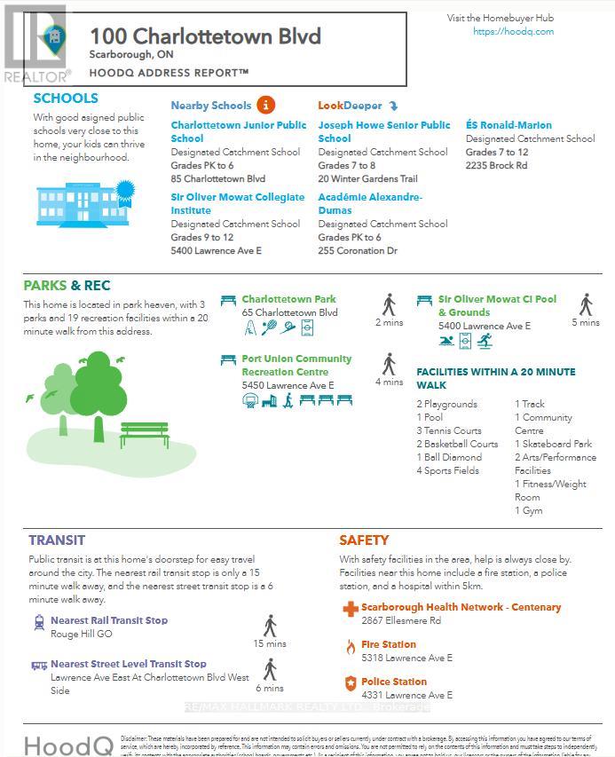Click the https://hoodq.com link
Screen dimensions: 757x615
pos(513,32)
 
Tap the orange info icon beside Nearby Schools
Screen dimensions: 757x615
pos(266,105)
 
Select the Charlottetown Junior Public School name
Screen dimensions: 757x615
pos(238,131)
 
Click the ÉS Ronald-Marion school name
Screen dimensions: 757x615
pos(509,125)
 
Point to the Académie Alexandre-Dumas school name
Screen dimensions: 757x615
pos(369,203)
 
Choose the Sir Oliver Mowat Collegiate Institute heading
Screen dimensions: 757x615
pos(237,203)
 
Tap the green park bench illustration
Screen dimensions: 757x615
pos(144,434)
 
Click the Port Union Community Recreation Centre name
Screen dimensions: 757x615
pos(296,366)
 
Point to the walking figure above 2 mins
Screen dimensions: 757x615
pos(389,305)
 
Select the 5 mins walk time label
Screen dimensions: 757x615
pos(586,323)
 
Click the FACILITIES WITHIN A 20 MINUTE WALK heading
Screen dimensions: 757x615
pos(495,378)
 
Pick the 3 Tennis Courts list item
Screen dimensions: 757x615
pos(449,430)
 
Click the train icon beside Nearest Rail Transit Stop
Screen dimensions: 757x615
pos(39,622)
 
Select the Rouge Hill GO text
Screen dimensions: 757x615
pos(81,635)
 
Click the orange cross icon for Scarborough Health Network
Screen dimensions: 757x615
pos(350,609)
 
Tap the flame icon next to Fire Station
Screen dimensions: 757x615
pos(350,646)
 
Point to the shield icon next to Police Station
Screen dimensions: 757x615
pos(350,683)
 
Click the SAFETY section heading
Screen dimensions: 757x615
pos(364,540)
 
